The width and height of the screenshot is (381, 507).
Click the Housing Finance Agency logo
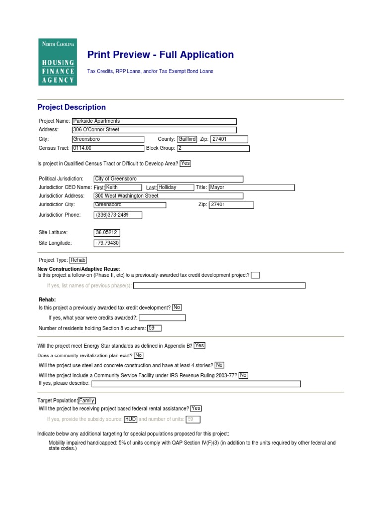pos(58,62)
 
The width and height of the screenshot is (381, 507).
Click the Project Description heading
pos(71,107)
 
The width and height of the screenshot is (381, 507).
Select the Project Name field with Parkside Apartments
pos(154,121)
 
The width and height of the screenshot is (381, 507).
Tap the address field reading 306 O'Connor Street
pos(154,130)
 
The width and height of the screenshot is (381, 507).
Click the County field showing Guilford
pos(187,139)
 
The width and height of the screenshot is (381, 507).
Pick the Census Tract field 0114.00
pos(108,148)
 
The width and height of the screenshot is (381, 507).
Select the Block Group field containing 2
pos(212,148)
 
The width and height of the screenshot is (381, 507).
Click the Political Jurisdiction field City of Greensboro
pos(168,179)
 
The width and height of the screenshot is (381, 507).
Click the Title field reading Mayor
pos(252,188)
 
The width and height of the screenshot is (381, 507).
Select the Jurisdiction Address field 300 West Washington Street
pos(168,196)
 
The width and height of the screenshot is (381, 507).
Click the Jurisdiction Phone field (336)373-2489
pos(118,215)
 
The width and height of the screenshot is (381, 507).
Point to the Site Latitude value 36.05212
pos(107,232)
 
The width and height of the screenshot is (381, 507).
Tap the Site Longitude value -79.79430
pos(107,243)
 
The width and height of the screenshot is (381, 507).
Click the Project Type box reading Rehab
pos(78,260)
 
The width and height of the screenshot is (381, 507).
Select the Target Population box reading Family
pos(87,401)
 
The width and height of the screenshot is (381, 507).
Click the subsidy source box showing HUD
pos(130,419)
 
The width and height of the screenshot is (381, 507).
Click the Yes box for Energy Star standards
pos(199,346)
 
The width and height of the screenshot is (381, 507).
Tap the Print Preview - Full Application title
pos(160,55)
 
